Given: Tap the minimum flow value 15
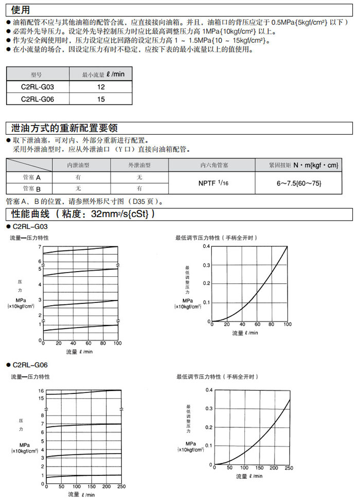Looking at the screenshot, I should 101,99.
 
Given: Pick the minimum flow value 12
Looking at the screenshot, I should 101,87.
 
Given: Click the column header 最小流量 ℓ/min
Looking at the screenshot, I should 103,75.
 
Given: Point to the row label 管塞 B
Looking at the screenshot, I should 31,188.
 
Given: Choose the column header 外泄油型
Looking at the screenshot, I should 139,165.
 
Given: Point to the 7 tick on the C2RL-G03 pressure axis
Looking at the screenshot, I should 40,247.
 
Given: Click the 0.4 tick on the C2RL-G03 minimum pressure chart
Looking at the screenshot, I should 206,246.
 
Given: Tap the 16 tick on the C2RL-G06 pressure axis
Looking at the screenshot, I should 41,391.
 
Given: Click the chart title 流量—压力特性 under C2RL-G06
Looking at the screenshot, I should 30,377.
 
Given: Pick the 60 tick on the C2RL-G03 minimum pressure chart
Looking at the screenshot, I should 257,325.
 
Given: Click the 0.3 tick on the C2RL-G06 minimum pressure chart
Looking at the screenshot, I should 208,409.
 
